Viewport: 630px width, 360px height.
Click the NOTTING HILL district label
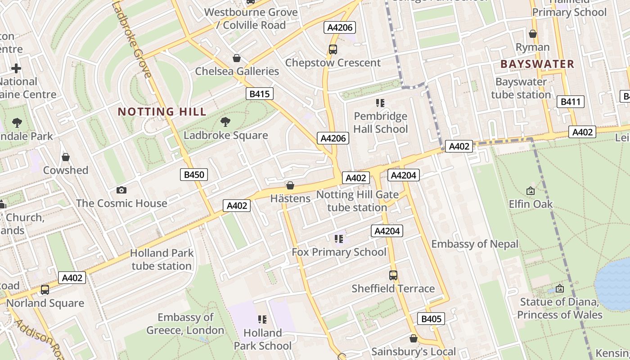162,112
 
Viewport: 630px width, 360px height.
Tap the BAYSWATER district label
537,64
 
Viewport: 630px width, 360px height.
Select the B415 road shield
260,94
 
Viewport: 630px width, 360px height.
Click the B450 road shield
194,175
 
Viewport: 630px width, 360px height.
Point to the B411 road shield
570,102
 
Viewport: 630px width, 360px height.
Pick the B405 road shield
431,319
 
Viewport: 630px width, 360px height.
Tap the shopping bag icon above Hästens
290,185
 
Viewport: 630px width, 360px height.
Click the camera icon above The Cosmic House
121,190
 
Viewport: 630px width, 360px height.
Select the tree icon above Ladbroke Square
225,122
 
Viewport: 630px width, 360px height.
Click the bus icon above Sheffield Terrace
393,275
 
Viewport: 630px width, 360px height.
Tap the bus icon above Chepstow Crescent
333,49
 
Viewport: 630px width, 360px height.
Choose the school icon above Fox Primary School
338,238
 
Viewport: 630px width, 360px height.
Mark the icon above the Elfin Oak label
531,191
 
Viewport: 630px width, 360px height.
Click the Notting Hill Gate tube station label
357,201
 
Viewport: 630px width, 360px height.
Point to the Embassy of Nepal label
475,244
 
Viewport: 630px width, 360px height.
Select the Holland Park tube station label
162,260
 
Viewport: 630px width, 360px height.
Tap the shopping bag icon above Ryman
533,34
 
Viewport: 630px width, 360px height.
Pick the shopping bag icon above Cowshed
66,157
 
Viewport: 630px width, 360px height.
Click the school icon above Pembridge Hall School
380,103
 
